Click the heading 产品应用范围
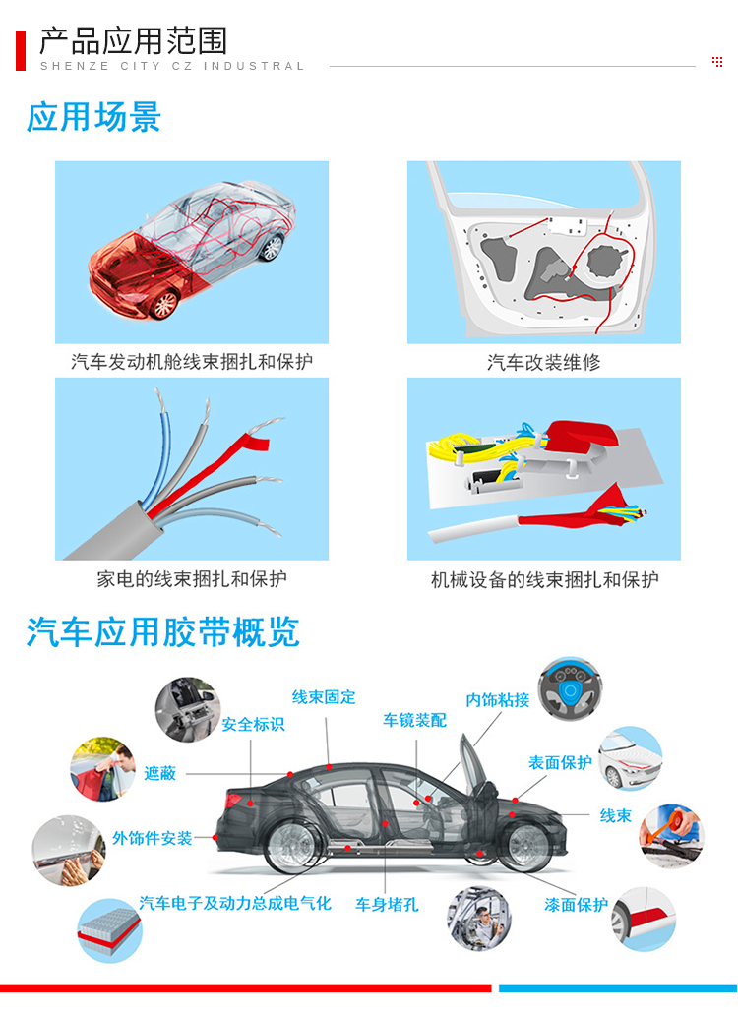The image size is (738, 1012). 133,41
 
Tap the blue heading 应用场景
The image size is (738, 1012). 93,117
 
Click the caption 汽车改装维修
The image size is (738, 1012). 543,362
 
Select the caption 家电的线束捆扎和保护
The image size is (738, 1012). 192,579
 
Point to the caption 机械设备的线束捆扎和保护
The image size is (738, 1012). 544,579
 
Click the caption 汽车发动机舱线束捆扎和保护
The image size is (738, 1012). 192,362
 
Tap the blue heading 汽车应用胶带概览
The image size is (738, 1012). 162,631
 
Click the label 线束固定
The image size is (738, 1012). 324,697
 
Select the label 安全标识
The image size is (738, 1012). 253,724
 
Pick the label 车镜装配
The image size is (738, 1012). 414,720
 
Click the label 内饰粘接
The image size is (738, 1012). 497,699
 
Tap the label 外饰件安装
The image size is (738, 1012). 153,838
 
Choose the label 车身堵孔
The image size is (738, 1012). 387,904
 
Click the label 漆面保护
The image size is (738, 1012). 576,904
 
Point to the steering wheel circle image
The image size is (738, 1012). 570,689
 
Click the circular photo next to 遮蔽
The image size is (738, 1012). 102,769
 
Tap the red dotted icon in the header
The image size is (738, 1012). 716,62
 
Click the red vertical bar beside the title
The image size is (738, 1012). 21,51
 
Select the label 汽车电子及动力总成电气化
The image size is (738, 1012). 235,902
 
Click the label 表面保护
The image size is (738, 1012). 560,762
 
